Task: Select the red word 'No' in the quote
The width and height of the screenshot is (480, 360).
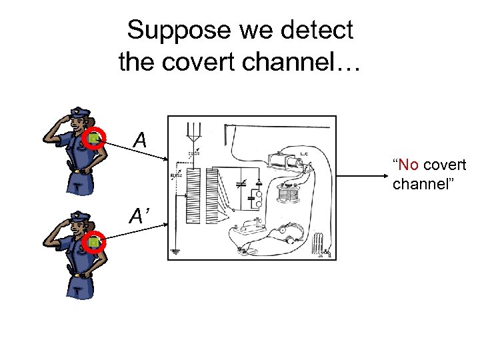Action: pos(409,165)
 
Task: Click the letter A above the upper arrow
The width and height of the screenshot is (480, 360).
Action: pos(140,140)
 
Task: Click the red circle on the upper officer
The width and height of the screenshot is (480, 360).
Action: pos(95,138)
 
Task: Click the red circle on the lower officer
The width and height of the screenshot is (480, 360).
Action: pos(95,243)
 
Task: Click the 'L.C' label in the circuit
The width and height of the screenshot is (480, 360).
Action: pos(303,155)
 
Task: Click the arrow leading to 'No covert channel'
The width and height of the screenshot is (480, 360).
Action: pos(363,176)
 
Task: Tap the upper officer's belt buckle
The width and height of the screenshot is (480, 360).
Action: pos(79,171)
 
